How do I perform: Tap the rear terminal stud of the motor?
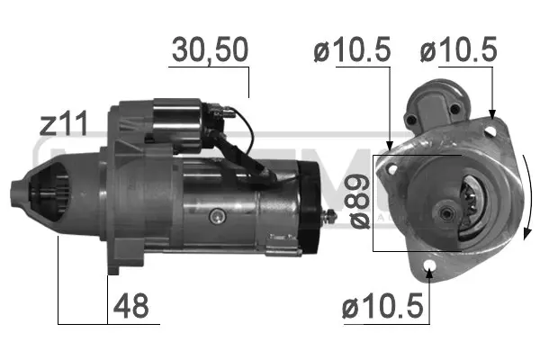(332, 215)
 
